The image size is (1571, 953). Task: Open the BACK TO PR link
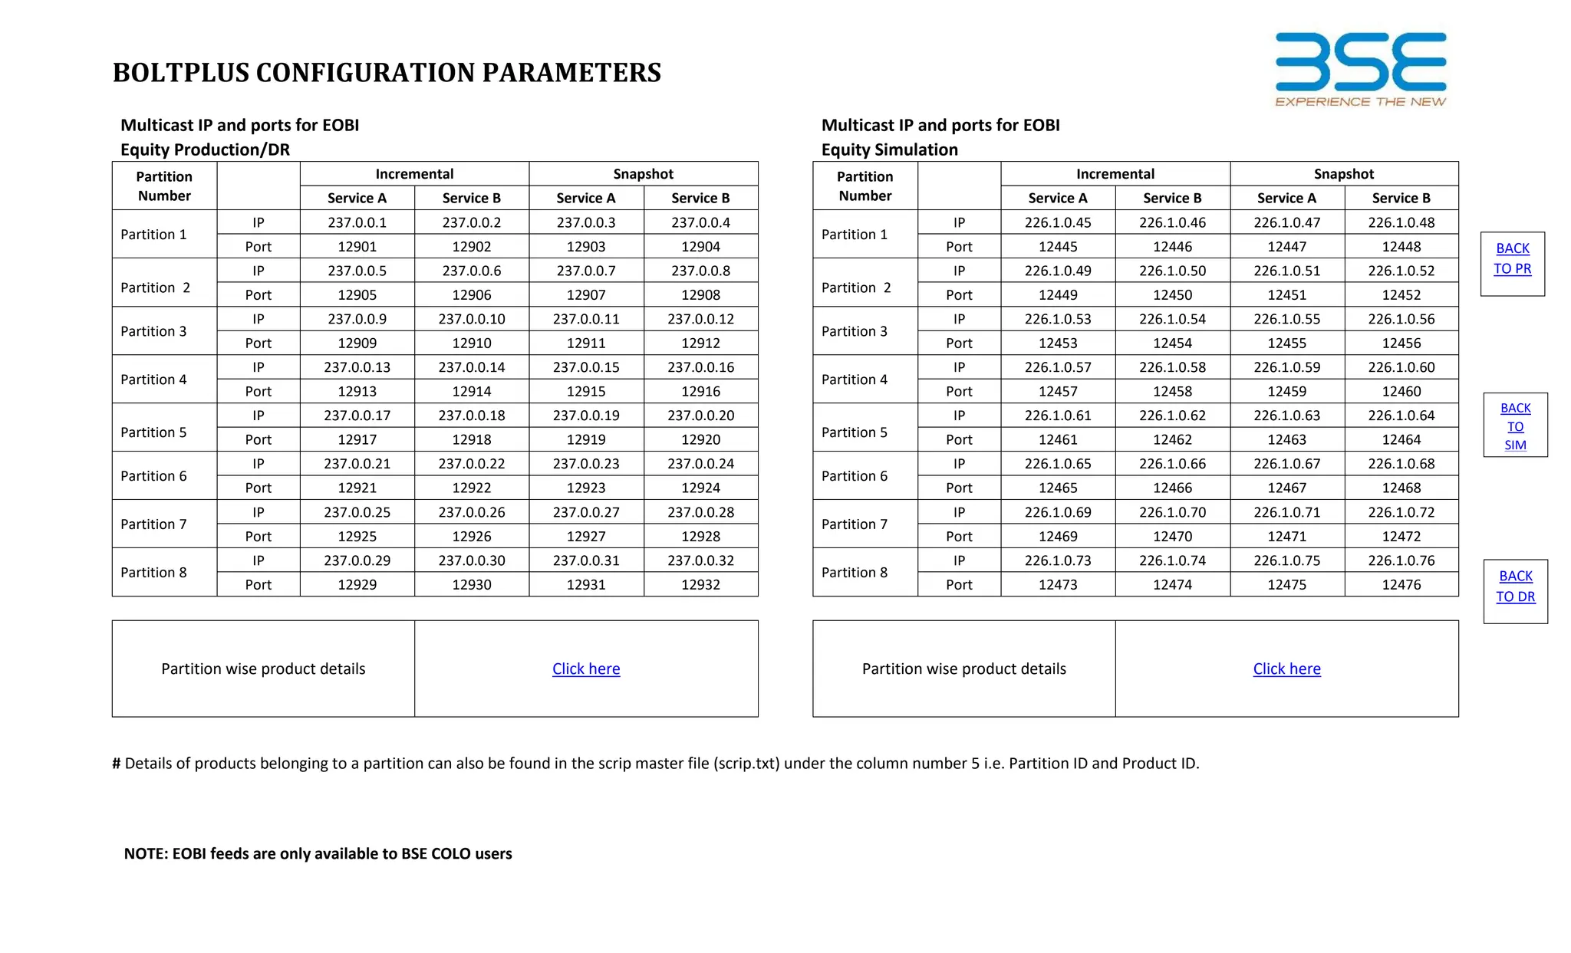(1512, 258)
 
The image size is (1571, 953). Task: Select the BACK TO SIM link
(1515, 426)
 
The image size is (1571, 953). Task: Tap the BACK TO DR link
(1515, 587)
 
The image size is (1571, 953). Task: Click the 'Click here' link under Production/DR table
(585, 669)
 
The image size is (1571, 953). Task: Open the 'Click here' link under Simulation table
(1286, 669)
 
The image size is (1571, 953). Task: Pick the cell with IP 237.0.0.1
(357, 222)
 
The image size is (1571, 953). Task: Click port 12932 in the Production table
(700, 584)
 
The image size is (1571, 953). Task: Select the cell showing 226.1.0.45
(1057, 222)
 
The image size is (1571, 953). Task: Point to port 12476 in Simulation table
(1401, 584)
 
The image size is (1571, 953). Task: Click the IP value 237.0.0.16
(700, 367)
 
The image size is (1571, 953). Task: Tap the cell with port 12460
(1401, 391)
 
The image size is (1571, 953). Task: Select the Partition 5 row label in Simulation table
(854, 432)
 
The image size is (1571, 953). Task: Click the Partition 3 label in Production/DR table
(153, 331)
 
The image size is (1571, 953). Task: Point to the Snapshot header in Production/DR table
(643, 174)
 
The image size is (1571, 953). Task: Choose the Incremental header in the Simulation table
(1115, 174)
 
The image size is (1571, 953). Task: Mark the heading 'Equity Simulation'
(889, 150)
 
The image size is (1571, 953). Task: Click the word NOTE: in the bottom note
(146, 853)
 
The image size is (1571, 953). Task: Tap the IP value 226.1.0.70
(1172, 512)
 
